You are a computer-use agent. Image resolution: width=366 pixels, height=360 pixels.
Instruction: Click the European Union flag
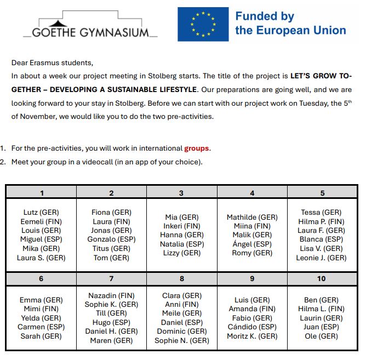point(203,24)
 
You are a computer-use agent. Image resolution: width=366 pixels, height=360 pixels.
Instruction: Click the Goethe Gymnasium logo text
point(90,32)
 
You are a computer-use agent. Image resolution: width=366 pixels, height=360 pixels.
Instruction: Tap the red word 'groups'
point(197,148)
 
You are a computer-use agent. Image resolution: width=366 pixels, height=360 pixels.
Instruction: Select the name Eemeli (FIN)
point(41,221)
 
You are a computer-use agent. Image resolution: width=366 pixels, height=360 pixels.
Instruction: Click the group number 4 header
point(252,192)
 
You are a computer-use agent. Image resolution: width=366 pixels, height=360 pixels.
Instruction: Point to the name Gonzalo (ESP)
point(111,239)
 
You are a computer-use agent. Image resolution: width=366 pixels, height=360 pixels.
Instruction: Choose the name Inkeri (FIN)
point(182,226)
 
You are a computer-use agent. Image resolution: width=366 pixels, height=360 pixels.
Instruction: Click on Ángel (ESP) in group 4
point(252,244)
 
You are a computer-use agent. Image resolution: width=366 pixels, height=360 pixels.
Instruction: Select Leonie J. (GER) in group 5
point(321,258)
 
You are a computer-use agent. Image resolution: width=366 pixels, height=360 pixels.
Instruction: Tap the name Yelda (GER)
point(41,318)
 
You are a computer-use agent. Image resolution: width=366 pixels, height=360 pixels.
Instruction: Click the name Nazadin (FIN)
point(111,295)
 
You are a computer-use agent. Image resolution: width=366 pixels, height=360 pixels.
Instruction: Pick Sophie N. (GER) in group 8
point(182,340)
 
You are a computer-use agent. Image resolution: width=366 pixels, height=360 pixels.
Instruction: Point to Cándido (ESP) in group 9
point(252,327)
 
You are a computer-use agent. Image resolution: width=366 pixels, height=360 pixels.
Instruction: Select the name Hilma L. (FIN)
point(321,308)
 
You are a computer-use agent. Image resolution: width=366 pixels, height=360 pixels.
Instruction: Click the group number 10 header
point(321,278)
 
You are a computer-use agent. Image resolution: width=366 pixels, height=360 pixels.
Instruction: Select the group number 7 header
point(111,278)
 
